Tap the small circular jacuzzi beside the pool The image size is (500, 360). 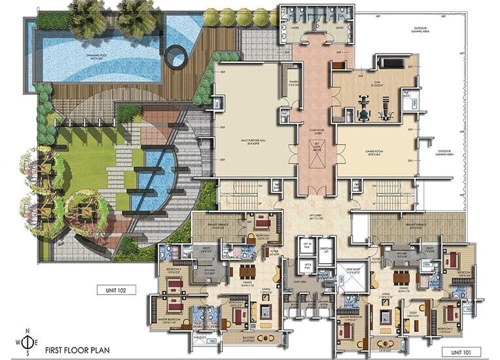click(x=175, y=58)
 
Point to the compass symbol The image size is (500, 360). click(x=26, y=342)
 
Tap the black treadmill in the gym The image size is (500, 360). click(x=391, y=63)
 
